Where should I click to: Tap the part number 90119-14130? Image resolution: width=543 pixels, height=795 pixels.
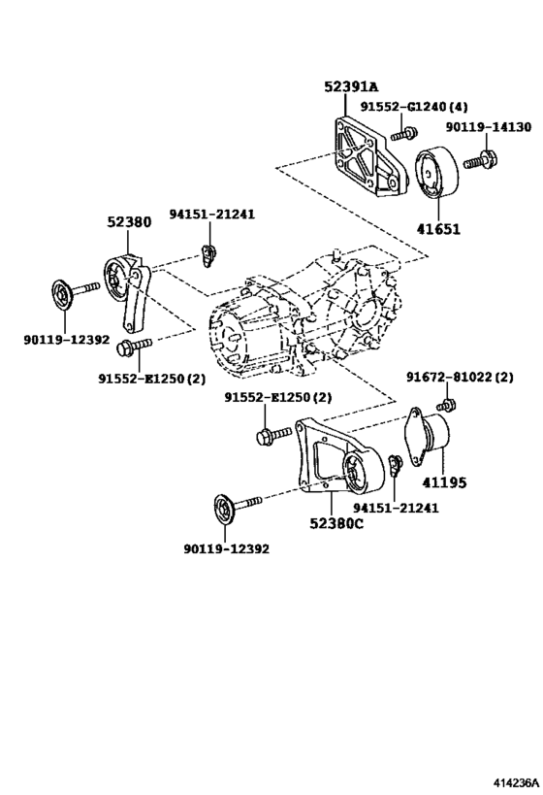[489, 126]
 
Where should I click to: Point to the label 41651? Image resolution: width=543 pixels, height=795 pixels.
[439, 230]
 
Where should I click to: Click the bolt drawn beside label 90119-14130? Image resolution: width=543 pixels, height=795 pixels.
[480, 158]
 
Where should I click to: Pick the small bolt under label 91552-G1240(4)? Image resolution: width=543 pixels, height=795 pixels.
[408, 131]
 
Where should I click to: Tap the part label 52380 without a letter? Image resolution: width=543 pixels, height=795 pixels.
[128, 221]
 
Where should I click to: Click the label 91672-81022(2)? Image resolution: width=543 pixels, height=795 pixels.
[460, 377]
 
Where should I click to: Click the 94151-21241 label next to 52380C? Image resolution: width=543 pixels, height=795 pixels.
[395, 508]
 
